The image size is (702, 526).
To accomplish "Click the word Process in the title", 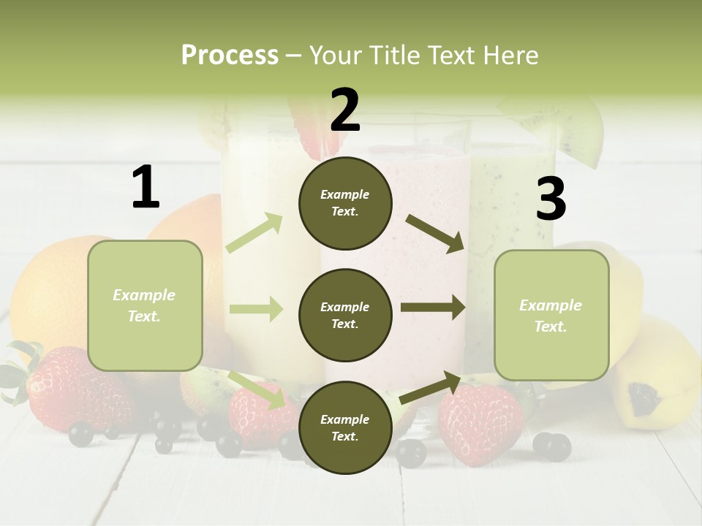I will (230, 55).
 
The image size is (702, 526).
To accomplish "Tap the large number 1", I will (146, 187).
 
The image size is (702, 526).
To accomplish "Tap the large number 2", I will (345, 110).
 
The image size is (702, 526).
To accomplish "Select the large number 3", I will (551, 199).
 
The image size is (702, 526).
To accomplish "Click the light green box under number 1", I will (145, 305).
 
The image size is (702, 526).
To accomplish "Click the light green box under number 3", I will (551, 316).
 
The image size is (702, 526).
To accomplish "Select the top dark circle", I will (345, 203).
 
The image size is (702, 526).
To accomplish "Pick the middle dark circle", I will (345, 316).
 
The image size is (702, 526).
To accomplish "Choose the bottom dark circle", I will (345, 428).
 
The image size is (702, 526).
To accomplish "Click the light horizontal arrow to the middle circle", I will (256, 309).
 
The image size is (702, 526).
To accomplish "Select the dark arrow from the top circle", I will (436, 234).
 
